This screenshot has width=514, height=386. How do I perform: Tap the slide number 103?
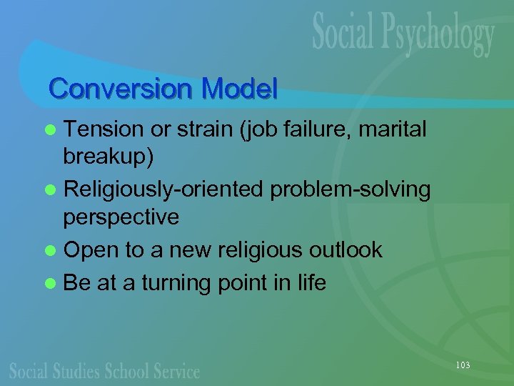coord(462,365)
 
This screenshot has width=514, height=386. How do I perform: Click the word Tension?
coord(104,129)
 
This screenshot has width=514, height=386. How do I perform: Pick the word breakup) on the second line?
coord(108,157)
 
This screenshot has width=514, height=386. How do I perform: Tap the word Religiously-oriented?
coord(166,190)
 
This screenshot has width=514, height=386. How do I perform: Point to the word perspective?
coord(121,217)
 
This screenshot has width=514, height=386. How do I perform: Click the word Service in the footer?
coord(176,370)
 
